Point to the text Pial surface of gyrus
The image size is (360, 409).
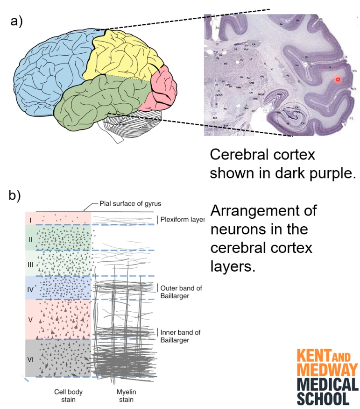coord(130,204)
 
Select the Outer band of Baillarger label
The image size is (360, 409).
coord(182,292)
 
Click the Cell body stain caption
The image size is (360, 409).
coord(65,395)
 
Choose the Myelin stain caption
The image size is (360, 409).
coord(125,395)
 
